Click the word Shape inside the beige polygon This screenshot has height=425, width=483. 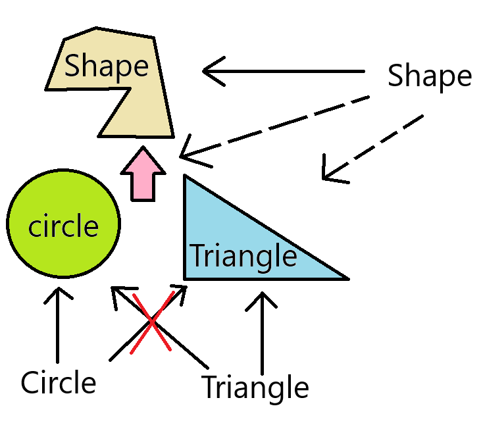tap(106, 66)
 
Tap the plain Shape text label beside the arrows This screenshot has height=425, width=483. tap(429, 76)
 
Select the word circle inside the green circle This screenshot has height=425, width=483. tap(63, 226)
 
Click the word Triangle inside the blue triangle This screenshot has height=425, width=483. tap(243, 255)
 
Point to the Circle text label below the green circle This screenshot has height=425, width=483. tap(59, 382)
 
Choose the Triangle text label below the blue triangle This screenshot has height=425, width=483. tap(255, 387)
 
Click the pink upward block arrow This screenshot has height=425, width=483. tap(143, 173)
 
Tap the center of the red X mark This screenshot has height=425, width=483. tap(152, 322)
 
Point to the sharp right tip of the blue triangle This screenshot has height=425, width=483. tap(346, 278)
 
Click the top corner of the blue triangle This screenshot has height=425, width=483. tap(186, 176)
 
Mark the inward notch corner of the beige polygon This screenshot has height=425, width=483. tap(129, 89)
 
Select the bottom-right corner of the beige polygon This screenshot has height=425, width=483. tap(173, 136)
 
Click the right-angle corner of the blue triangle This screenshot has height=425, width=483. tap(186, 278)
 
